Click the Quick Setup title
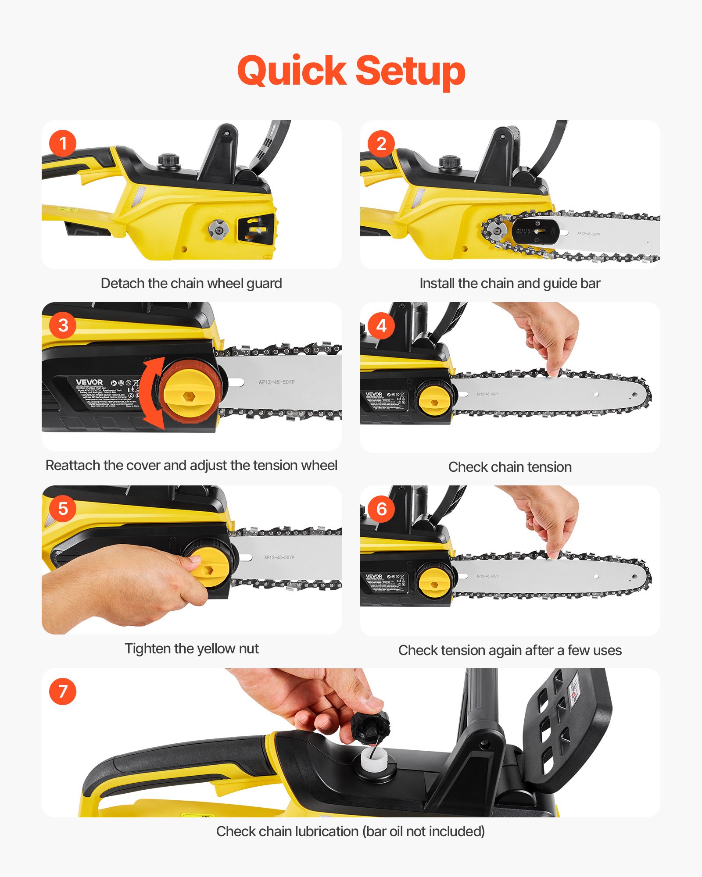[x=351, y=71]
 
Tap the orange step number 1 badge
[x=63, y=143]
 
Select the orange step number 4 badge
[x=381, y=326]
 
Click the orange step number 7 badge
[x=63, y=692]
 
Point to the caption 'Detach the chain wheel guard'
[x=191, y=283]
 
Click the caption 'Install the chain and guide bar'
[x=510, y=283]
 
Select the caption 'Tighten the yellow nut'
[x=192, y=649]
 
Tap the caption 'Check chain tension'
[x=510, y=467]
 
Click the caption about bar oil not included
[x=351, y=831]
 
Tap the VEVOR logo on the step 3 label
[x=89, y=382]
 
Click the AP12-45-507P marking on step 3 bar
[x=276, y=382]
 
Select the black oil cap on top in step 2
[x=449, y=162]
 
